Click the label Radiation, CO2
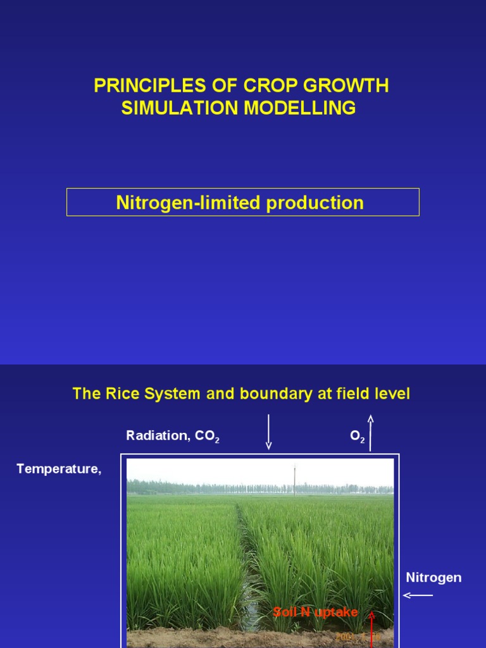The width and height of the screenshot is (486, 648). pyautogui.click(x=173, y=436)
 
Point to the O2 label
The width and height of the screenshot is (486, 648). pyautogui.click(x=357, y=437)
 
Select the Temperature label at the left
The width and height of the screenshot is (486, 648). pyautogui.click(x=59, y=469)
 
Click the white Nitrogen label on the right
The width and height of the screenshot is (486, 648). pyautogui.click(x=433, y=577)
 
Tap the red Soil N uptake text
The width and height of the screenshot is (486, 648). pyautogui.click(x=315, y=612)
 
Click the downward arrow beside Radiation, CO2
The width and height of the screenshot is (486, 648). pyautogui.click(x=268, y=432)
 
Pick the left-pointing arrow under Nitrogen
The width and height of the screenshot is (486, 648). pyautogui.click(x=418, y=595)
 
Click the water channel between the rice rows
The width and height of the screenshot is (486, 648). pyautogui.click(x=249, y=570)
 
